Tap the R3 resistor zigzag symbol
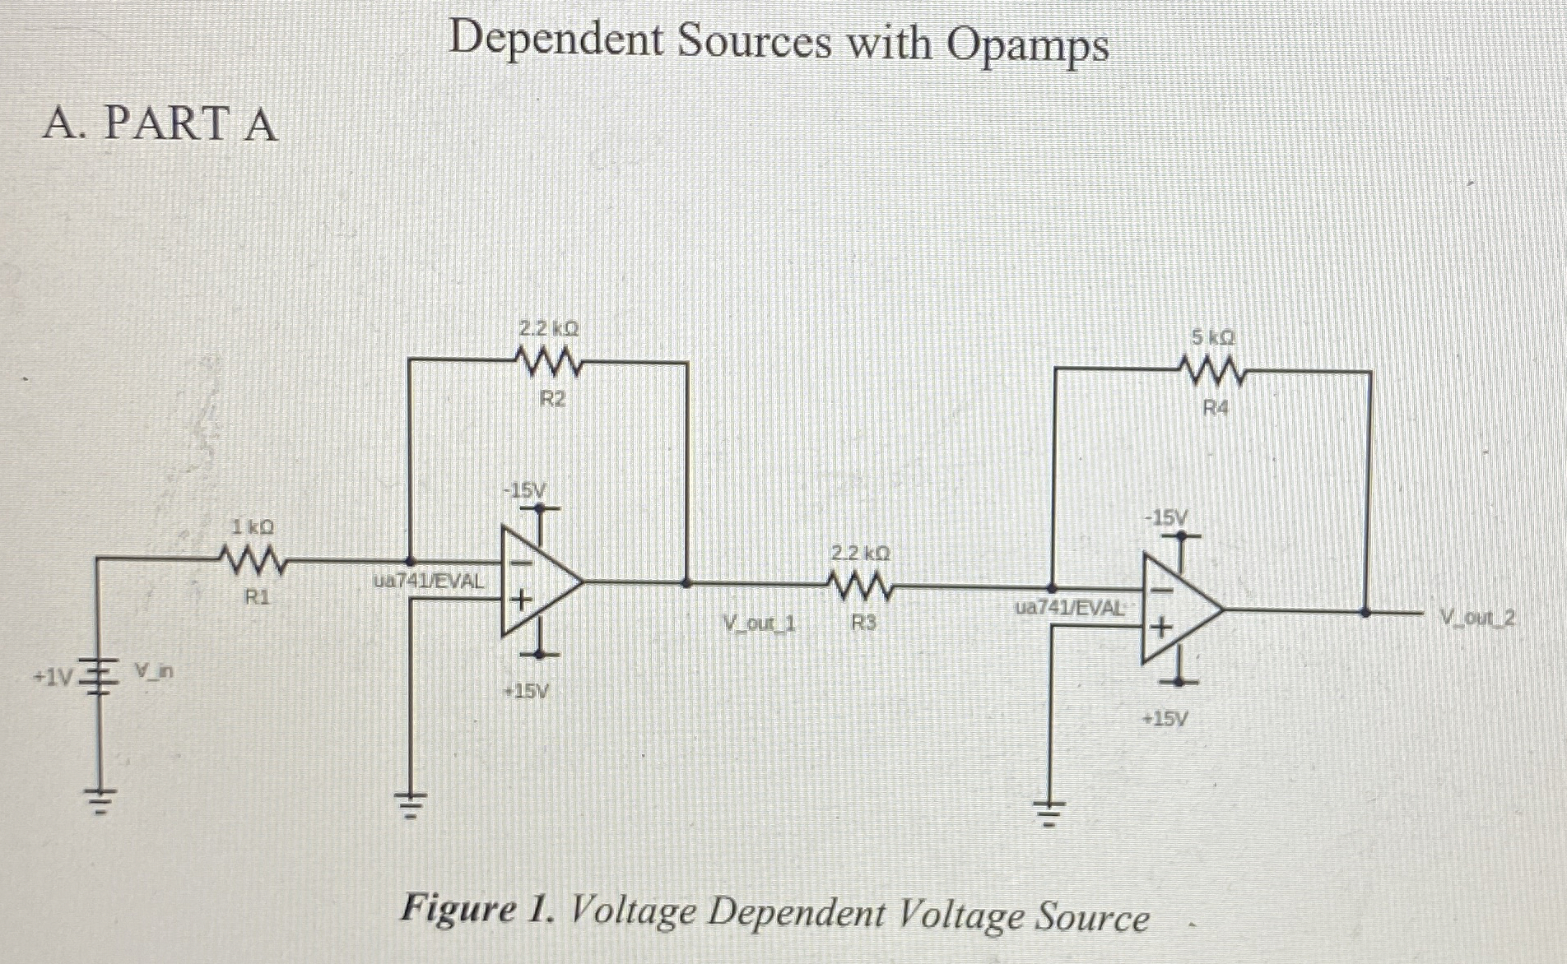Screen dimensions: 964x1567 point(861,586)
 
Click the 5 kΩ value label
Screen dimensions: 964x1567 point(1213,338)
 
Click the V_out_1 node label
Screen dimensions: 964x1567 point(759,623)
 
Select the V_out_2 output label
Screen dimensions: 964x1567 point(1477,617)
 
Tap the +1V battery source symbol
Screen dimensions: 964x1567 point(98,676)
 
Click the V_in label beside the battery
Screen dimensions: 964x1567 point(154,672)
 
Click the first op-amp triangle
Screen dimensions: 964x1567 point(539,582)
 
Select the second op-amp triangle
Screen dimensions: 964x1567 point(1179,609)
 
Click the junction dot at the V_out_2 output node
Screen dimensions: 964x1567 point(1365,612)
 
